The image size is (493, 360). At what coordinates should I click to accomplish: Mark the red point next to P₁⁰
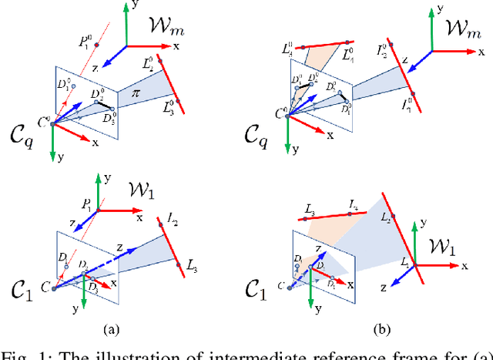tap(97, 45)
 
